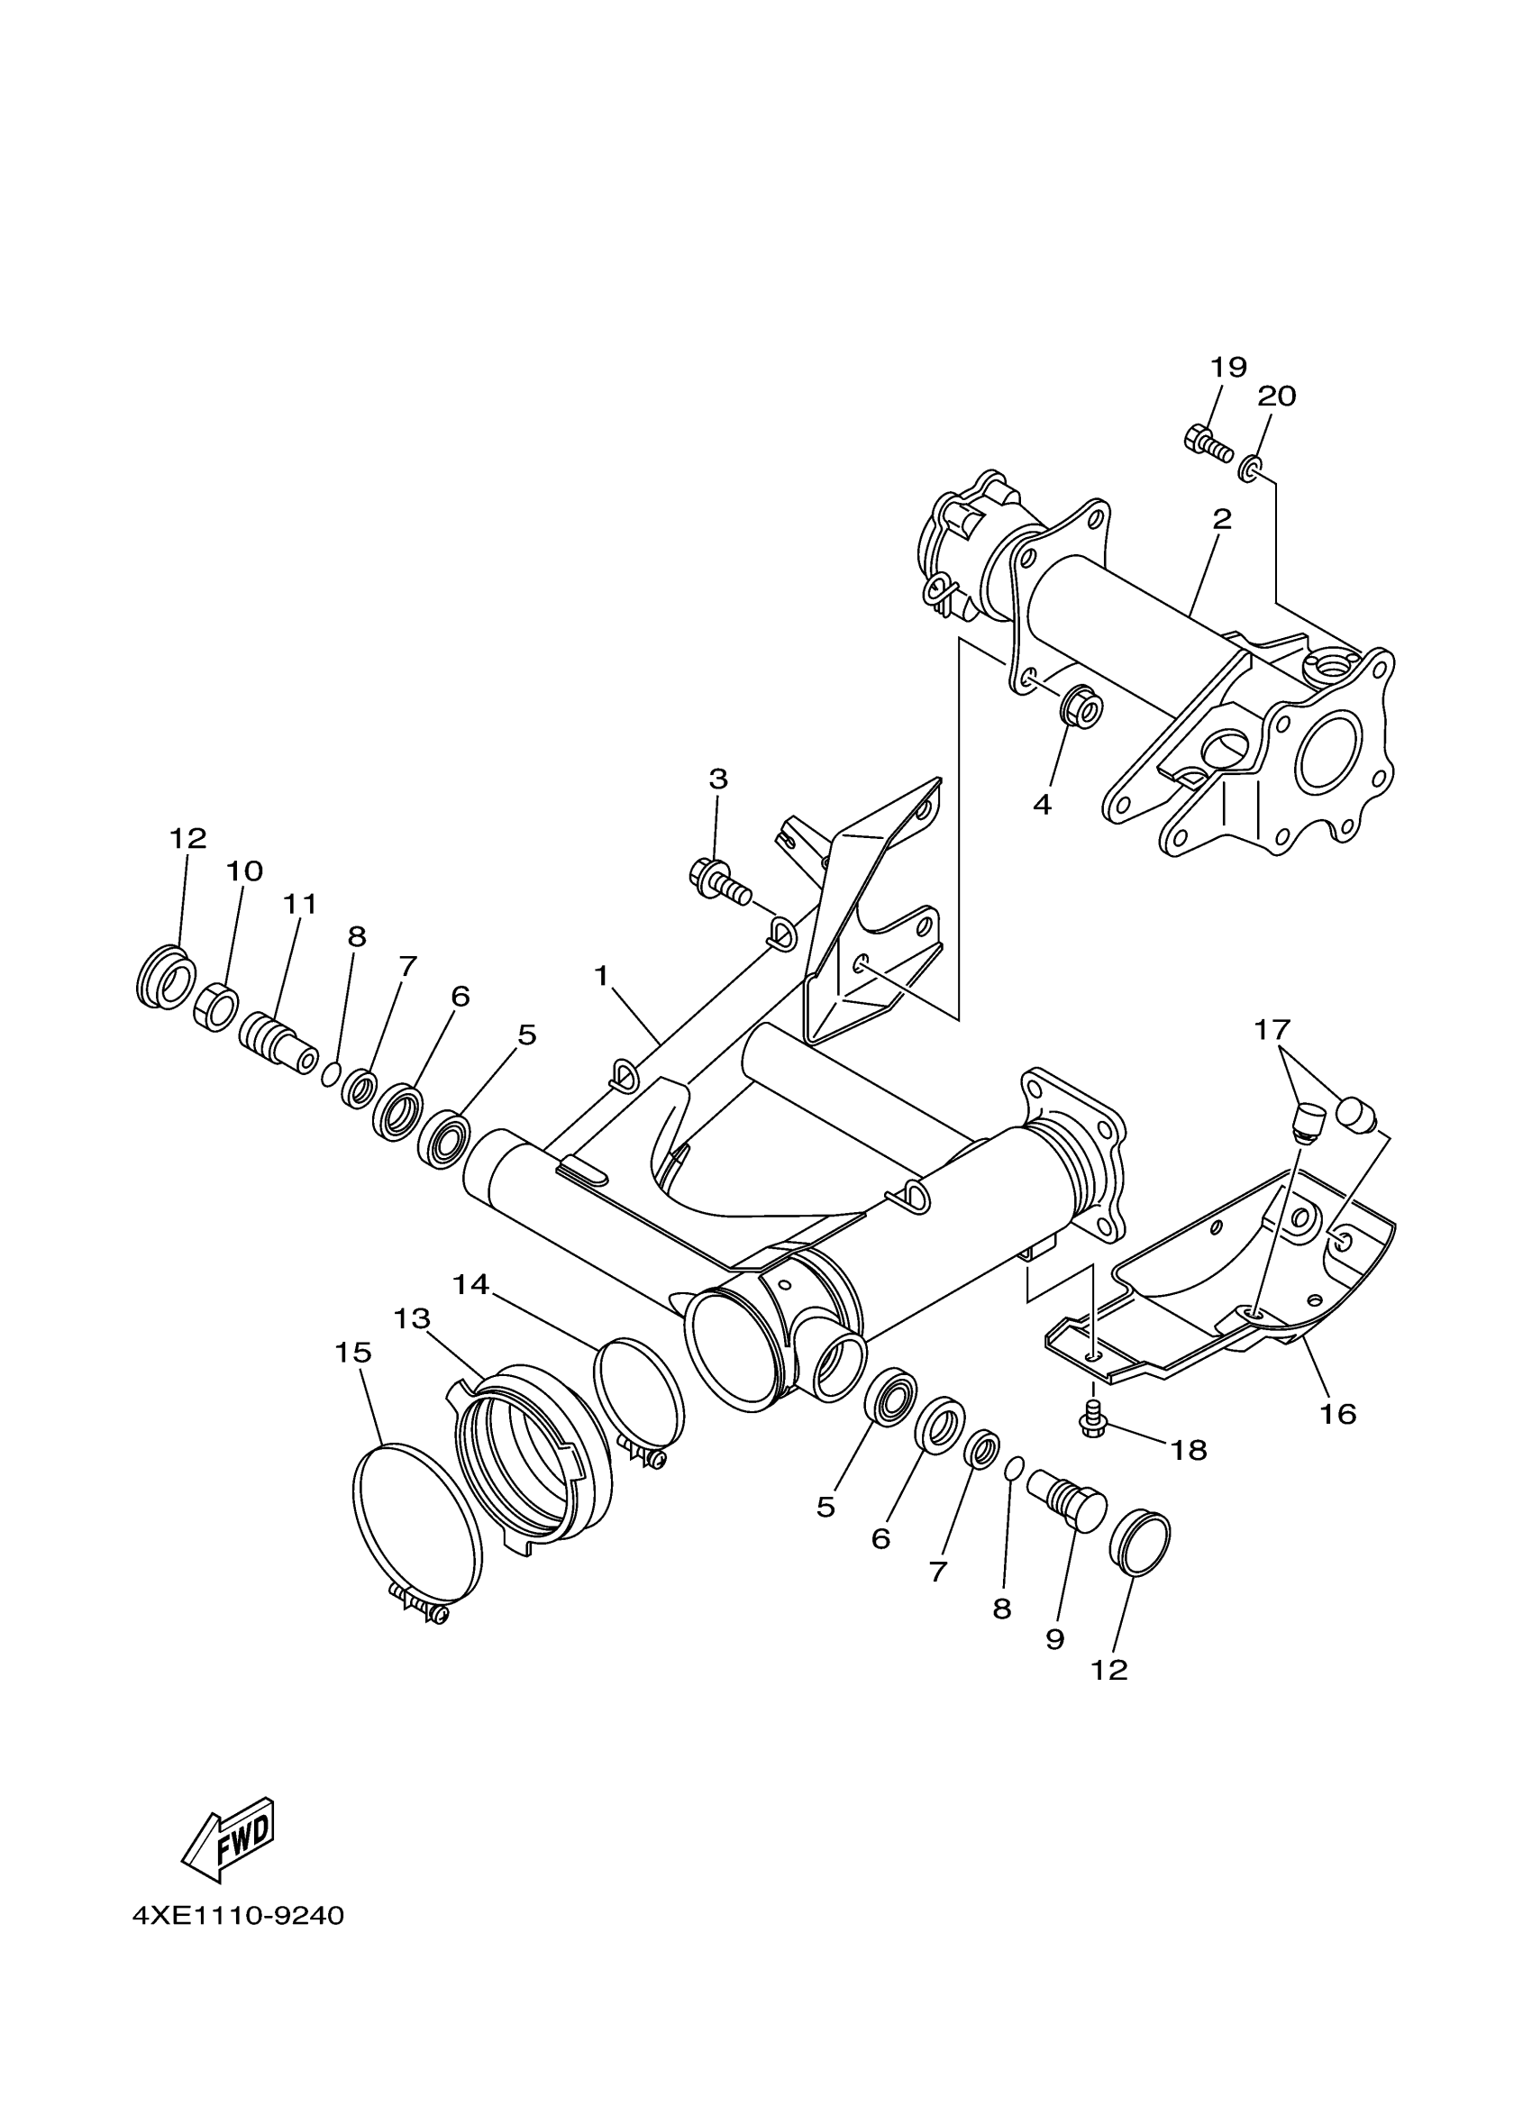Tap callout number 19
1228,368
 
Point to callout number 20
1276,397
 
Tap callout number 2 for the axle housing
1221,519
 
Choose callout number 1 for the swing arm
601,976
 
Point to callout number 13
411,1318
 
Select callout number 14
471,1285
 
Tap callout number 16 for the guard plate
1337,1414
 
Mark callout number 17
1272,1029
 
